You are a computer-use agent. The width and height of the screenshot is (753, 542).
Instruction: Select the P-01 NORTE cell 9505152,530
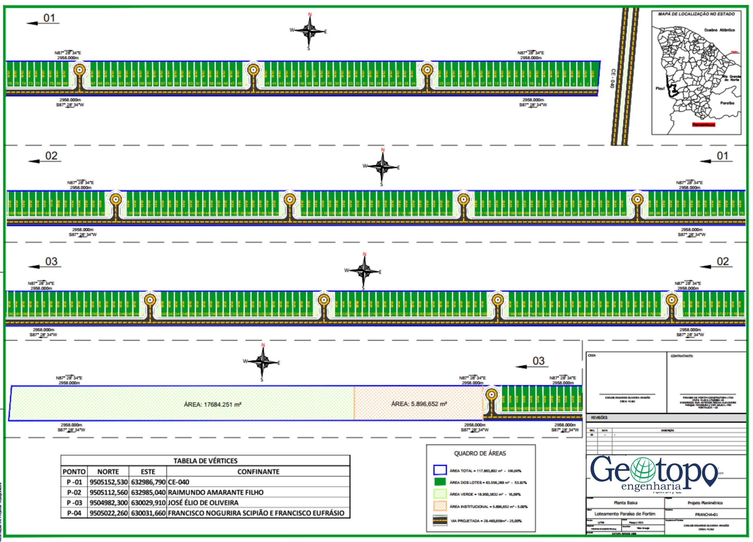[x=108, y=482]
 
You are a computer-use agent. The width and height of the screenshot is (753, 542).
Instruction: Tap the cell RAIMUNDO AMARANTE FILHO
[x=216, y=492]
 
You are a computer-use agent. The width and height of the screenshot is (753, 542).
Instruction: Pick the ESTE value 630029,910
[x=148, y=503]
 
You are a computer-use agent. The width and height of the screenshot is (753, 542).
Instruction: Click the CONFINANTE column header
[x=258, y=472]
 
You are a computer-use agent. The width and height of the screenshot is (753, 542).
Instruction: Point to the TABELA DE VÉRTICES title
[x=205, y=461]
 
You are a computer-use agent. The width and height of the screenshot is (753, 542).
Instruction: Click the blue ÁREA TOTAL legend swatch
[x=440, y=470]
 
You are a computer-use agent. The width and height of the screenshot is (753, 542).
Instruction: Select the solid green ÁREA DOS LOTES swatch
[x=440, y=482]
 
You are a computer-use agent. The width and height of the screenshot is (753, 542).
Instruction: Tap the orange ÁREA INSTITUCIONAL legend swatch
[x=440, y=506]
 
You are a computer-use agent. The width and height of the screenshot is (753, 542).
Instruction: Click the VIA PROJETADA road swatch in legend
[x=440, y=521]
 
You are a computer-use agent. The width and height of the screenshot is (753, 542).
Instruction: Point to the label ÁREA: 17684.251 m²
[x=212, y=405]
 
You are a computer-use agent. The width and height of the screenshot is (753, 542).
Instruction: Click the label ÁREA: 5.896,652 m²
[x=419, y=404]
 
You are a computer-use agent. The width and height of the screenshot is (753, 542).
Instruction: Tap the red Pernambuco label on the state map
[x=704, y=125]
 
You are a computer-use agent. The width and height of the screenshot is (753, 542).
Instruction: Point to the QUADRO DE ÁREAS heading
[x=480, y=453]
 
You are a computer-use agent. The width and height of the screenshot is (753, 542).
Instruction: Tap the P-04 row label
[x=74, y=513]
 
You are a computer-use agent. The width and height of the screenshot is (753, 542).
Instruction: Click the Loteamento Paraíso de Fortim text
[x=625, y=514]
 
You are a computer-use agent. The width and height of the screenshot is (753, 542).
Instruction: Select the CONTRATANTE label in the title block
[x=682, y=356]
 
